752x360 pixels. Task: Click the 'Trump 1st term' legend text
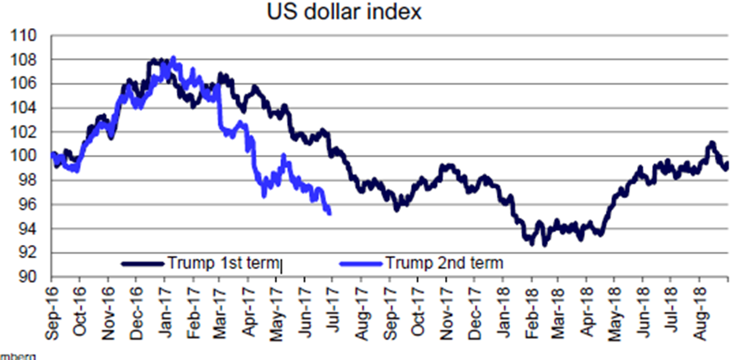click(224, 263)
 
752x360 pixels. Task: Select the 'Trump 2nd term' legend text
click(444, 263)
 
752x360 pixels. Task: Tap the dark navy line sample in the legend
click(143, 264)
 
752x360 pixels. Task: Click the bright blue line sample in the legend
click(360, 264)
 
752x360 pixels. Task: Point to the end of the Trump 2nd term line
click(329, 213)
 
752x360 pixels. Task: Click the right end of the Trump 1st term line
click(727, 164)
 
